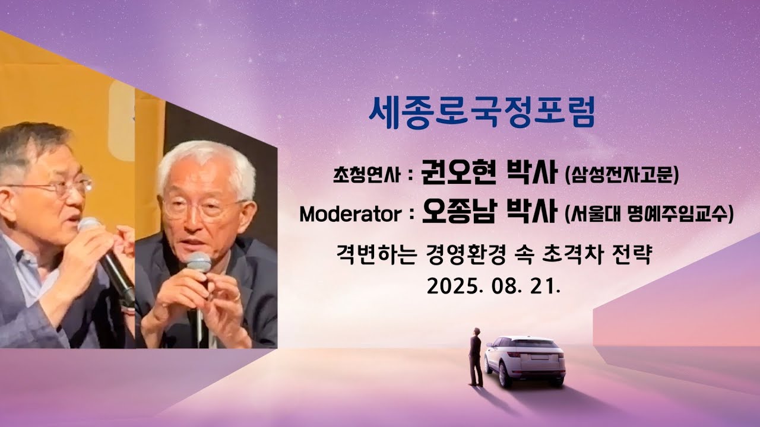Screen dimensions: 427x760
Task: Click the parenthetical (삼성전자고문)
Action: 622,174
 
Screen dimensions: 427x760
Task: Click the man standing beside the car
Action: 475,356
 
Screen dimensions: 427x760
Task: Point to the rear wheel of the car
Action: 504,374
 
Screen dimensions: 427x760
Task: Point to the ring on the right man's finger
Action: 236,297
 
